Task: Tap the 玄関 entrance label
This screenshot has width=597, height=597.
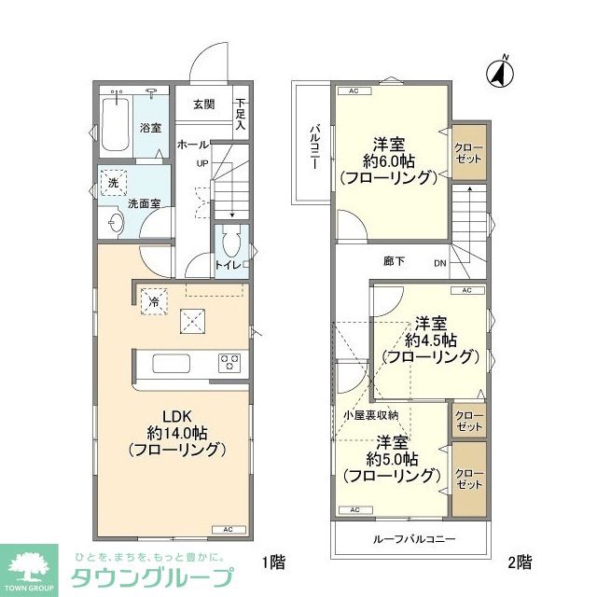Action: click(204, 104)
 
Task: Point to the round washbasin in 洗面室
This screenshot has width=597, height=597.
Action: click(114, 223)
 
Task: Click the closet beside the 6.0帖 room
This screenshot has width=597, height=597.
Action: click(467, 153)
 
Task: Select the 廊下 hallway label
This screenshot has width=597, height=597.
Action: click(393, 261)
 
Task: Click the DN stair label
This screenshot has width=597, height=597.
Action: click(439, 263)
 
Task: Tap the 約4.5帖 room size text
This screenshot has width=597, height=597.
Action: click(428, 340)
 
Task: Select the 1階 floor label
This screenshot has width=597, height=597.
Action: click(273, 562)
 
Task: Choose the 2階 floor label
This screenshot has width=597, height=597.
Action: click(520, 562)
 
